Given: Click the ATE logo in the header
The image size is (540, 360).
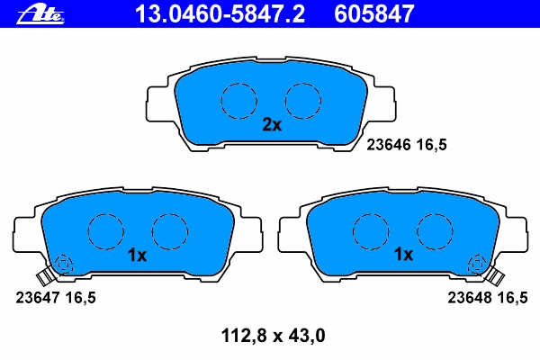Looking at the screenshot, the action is (x=40, y=14).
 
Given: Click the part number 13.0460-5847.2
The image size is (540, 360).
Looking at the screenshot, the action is (x=220, y=13).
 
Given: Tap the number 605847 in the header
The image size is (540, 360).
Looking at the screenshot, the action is (x=373, y=13).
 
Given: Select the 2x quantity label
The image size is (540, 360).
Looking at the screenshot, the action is (x=272, y=125).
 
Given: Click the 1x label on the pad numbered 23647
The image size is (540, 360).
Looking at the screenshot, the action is (x=137, y=256).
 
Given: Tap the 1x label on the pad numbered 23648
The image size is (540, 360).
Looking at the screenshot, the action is (x=403, y=255).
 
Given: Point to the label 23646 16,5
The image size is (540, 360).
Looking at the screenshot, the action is (x=407, y=144).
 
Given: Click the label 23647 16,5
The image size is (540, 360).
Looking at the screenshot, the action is (x=56, y=298).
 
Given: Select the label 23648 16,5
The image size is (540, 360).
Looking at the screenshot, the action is (x=488, y=298).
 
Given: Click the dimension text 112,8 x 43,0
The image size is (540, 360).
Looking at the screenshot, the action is (x=273, y=336).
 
